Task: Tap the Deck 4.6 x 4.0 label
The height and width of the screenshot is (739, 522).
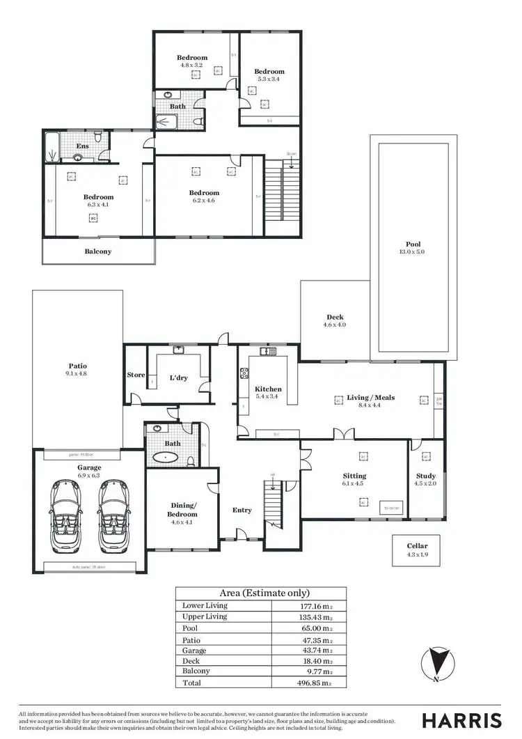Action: click(x=335, y=320)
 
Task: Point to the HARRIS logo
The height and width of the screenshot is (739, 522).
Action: click(x=461, y=719)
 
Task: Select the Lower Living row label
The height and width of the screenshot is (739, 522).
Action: click(x=205, y=605)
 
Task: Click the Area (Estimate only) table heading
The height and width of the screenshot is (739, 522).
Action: click(x=264, y=593)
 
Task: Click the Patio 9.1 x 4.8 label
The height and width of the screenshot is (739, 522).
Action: click(x=77, y=369)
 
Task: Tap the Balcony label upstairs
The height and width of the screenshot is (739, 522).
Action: click(x=98, y=251)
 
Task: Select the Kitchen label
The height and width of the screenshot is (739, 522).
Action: click(x=268, y=393)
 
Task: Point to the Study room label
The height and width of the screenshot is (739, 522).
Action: click(x=425, y=479)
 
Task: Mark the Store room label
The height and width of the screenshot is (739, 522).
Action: click(x=135, y=375)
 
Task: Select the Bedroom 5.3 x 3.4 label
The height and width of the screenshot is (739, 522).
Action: click(x=269, y=75)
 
